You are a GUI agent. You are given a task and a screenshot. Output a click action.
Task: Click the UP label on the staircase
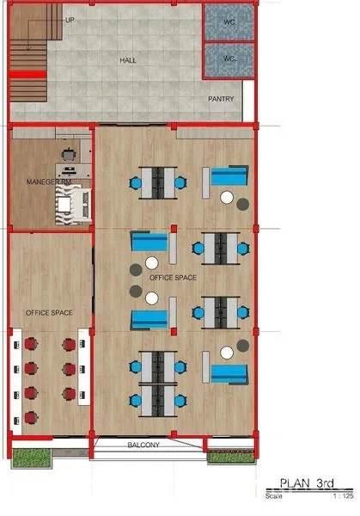[x=70, y=20]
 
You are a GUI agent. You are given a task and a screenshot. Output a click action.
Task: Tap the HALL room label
[x=128, y=60]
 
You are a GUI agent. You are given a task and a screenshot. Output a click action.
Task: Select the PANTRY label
[x=221, y=99]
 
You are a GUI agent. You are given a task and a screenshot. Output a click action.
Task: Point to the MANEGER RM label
[x=49, y=181]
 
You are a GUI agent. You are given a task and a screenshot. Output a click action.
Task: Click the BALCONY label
[x=143, y=445]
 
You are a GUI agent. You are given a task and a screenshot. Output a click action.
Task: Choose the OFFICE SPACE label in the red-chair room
[x=49, y=313]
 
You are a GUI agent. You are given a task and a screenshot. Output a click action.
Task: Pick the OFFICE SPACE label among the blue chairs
[x=173, y=278]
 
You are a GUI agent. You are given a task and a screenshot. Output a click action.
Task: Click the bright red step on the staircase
[x=27, y=75]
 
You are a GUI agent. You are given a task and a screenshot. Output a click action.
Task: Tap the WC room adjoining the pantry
[x=229, y=60]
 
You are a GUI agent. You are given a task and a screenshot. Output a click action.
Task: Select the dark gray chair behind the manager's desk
[x=69, y=154]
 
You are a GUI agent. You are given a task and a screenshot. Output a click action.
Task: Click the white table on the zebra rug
[x=64, y=205]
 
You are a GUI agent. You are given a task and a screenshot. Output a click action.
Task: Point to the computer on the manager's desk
[x=69, y=170]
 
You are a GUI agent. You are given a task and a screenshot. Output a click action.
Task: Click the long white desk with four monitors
[x=15, y=381]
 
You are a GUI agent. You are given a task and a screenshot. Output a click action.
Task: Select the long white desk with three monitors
[x=84, y=366]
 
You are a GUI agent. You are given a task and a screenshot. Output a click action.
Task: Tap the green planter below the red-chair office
[x=32, y=458]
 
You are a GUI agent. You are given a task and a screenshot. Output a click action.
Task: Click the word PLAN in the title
[x=295, y=483]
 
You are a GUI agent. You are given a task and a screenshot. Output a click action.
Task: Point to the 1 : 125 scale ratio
[x=344, y=496]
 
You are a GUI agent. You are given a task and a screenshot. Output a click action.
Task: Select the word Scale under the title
[x=274, y=496]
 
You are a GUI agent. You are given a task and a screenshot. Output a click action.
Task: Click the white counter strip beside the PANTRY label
[x=248, y=101]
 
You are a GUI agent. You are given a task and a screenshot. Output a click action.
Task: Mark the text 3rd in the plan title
[x=325, y=483]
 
